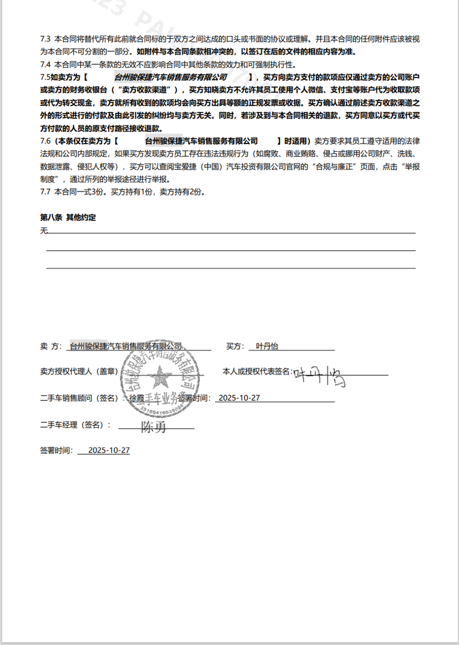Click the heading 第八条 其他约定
68,218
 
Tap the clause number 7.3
45,39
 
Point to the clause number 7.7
45,192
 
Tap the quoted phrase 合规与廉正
339,167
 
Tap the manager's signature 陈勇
154,427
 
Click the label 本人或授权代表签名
256,371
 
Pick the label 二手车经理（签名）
75,425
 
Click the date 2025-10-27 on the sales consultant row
239,398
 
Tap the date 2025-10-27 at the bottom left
109,451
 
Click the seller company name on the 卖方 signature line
126,346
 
